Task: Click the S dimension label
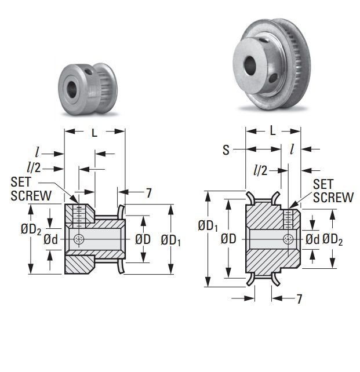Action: (x=226, y=150)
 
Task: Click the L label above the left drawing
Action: (x=94, y=133)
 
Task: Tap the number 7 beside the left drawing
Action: (x=148, y=194)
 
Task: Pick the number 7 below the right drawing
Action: (x=299, y=299)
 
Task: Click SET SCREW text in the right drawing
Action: (x=333, y=191)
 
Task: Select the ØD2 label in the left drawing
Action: (x=31, y=229)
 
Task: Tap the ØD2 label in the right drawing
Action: (x=333, y=239)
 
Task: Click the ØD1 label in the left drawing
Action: (x=170, y=239)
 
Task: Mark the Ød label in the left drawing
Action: (x=50, y=239)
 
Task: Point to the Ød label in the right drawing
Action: (x=312, y=239)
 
